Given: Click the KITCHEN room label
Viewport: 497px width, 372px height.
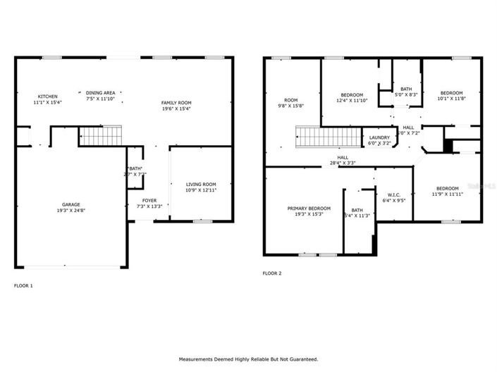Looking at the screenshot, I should click(48, 97).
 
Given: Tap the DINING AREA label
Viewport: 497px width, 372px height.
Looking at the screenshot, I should click(101, 92).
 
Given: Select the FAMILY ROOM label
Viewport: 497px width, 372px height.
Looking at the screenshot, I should click(176, 102).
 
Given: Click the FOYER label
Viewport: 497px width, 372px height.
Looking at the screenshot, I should click(149, 200).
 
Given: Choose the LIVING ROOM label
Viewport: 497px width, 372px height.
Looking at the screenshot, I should click(200, 184).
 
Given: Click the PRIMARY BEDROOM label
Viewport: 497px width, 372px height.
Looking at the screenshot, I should click(309, 208).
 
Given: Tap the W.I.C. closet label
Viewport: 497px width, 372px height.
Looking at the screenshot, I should click(393, 195).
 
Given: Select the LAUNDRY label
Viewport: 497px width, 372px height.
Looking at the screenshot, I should click(379, 137).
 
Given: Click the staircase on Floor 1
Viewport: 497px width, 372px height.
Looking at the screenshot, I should click(99, 135).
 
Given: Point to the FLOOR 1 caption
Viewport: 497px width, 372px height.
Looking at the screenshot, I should click(23, 285).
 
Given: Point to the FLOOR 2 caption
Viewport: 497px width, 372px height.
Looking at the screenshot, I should click(271, 273).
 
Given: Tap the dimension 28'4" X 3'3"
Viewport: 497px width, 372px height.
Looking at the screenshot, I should click(343, 163).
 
